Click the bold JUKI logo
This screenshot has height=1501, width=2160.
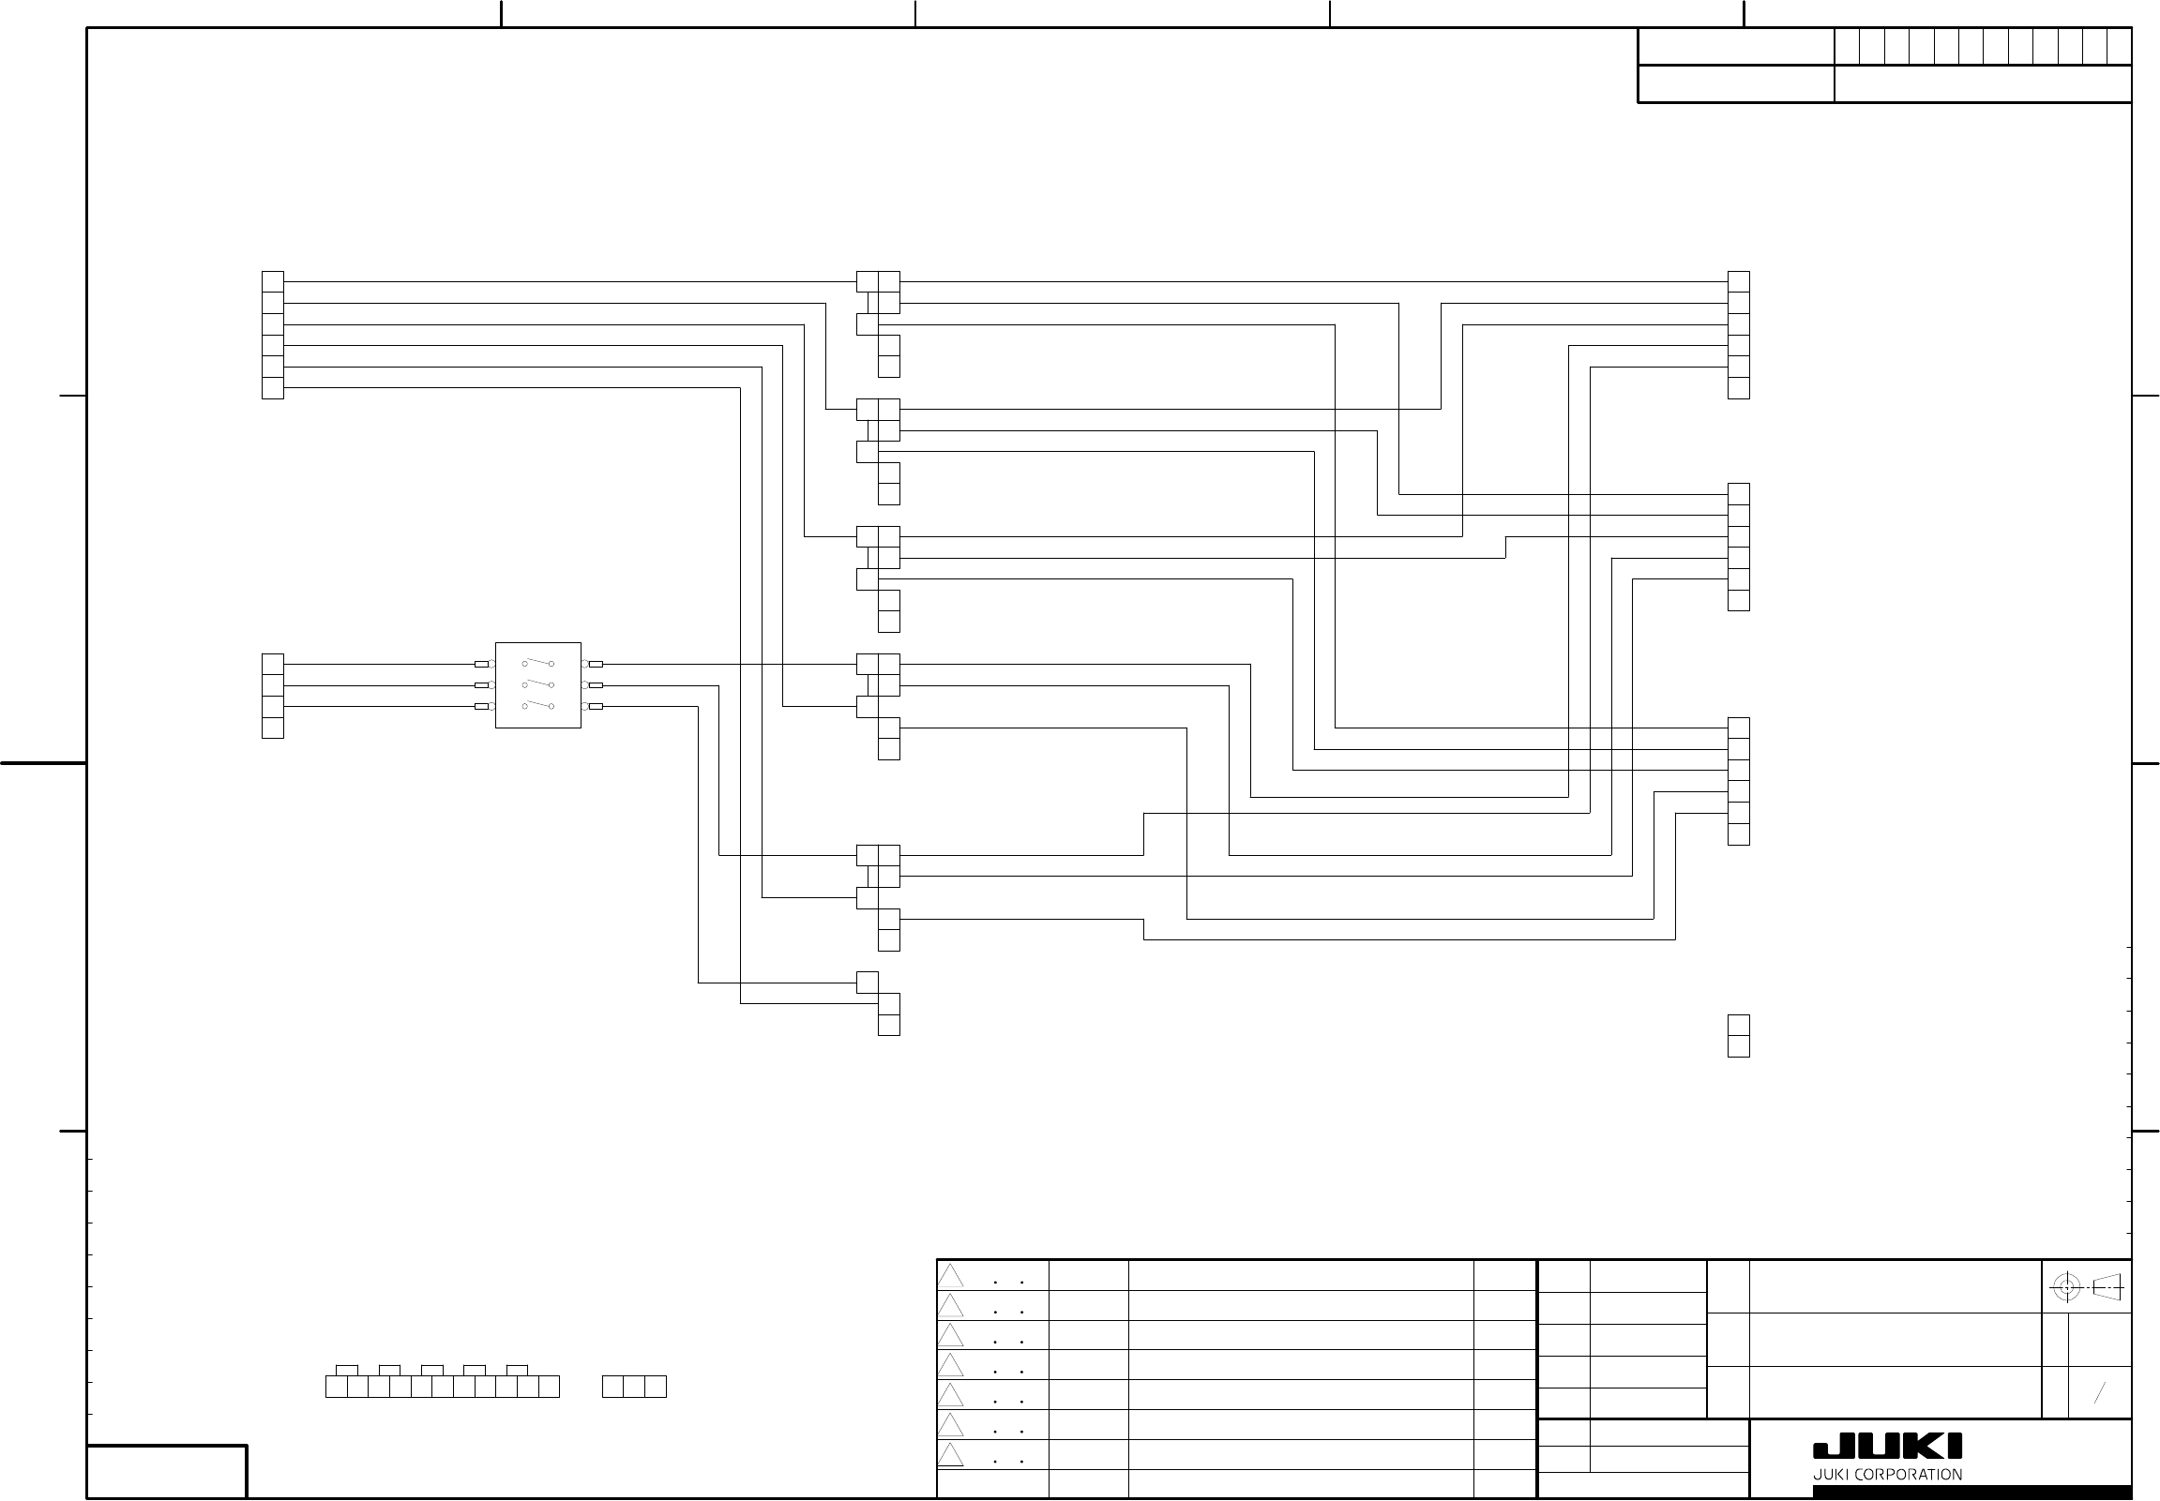click(1887, 1448)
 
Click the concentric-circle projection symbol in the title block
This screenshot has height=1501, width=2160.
click(2066, 1286)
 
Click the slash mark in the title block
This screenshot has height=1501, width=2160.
click(2099, 1393)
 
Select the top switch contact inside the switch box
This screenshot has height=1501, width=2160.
click(538, 662)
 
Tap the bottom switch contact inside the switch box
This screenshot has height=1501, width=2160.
click(538, 704)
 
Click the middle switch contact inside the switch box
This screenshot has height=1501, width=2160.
click(538, 683)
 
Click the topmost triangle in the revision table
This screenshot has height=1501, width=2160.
click(950, 1276)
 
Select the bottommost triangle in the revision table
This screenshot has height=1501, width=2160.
click(950, 1456)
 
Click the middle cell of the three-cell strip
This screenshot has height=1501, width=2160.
click(634, 1387)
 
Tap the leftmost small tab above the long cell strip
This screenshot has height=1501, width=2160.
click(347, 1371)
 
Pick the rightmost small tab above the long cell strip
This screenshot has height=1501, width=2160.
click(517, 1371)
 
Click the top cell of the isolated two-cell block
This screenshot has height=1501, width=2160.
click(1739, 1025)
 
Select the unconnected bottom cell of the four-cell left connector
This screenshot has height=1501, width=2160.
click(273, 728)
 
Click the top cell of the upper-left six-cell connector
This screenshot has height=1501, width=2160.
click(273, 281)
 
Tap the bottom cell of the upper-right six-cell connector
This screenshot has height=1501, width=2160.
click(1739, 388)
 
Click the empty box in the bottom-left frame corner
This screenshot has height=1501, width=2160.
click(167, 1471)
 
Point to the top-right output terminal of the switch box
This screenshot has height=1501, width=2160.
click(596, 664)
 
